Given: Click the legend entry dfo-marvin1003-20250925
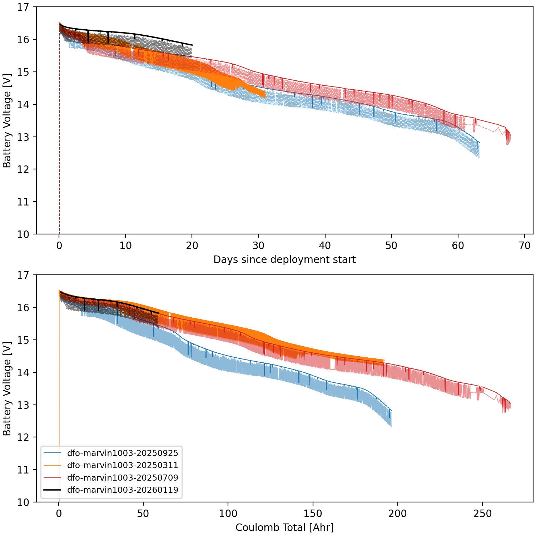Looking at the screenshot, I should click(122, 453).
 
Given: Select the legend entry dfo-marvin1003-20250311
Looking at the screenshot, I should click(122, 465).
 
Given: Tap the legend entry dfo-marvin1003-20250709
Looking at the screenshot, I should click(122, 478).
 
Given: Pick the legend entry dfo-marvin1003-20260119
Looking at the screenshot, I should click(122, 490).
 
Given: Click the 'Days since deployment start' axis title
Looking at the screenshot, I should click(284, 259).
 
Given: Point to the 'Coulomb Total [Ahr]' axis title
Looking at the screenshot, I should click(284, 527).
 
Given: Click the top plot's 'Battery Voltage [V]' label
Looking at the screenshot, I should click(7, 121).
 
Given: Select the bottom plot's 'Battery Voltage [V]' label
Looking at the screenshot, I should click(7, 389).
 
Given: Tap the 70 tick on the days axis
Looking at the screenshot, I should click(525, 246).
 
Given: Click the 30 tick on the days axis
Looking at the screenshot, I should click(259, 246).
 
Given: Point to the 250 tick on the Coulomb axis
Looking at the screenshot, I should click(482, 514).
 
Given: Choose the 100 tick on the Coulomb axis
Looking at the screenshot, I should click(228, 514).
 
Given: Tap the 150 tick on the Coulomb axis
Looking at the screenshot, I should click(313, 514).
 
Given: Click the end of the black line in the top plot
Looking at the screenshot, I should click(192, 45).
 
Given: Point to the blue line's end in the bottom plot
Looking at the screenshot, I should click(391, 411).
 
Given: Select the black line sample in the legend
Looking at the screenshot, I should click(52, 490).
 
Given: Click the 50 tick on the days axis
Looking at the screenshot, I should click(392, 246).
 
